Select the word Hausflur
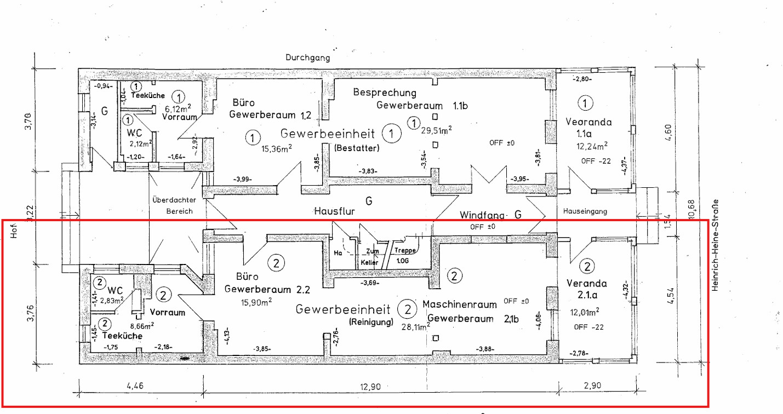(x=332, y=210)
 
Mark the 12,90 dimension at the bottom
(x=371, y=387)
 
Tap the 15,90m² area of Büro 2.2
(x=256, y=301)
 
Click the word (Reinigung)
(x=371, y=322)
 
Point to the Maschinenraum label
(x=460, y=304)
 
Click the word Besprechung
(x=385, y=93)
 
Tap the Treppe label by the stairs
(x=405, y=250)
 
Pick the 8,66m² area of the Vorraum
(x=142, y=324)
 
